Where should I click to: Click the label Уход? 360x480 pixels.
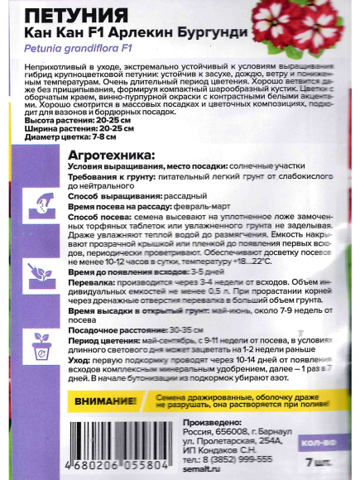click(x=79, y=362)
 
